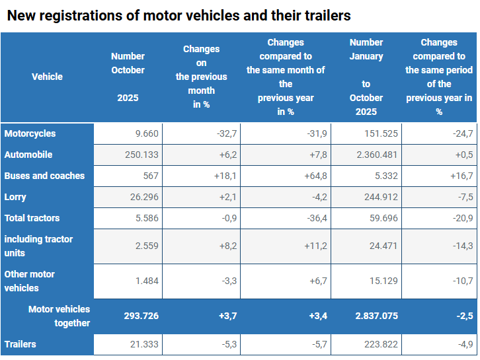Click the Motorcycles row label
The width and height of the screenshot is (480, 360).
[30, 133]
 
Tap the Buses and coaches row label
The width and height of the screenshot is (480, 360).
[44, 176]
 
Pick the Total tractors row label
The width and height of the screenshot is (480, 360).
[32, 218]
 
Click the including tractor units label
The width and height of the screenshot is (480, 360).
[38, 246]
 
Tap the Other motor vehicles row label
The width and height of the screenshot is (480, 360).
[30, 281]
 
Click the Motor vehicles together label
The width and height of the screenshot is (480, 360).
[59, 316]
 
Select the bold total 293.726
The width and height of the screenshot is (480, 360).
[141, 316]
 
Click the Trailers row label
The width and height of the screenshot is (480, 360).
[20, 344]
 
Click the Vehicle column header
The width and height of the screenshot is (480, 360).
[47, 77]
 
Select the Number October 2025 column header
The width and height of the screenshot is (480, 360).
[128, 77]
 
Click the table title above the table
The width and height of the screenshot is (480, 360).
[179, 15]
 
